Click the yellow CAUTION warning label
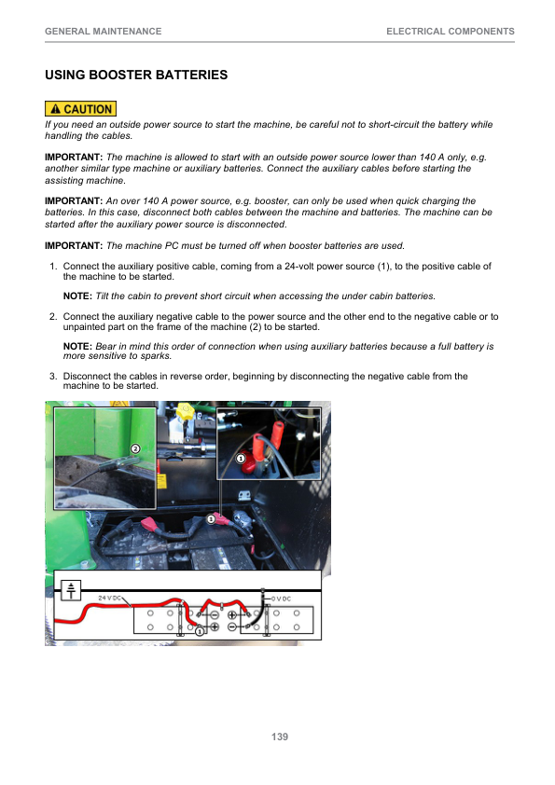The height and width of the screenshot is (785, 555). pos(80,109)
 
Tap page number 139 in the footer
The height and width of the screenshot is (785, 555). pos(280,737)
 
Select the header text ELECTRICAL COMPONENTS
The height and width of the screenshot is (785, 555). pos(451,31)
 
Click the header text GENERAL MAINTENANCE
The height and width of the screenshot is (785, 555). pos(104,31)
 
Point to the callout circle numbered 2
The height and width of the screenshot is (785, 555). pos(135,448)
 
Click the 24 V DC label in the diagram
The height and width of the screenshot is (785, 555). pos(109,598)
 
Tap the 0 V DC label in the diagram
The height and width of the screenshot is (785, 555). pos(281,599)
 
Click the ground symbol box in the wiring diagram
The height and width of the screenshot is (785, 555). pos(71,590)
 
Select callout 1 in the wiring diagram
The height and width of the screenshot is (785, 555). pos(200,631)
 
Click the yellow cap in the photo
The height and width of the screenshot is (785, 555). pos(186,412)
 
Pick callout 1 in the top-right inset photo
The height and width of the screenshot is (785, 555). pos(241,459)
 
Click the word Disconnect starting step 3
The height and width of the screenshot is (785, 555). pos(87,376)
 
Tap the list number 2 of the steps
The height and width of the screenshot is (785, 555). pos(52,316)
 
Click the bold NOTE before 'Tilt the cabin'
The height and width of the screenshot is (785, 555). pos(77,296)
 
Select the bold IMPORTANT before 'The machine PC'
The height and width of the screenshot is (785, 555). pos(74,245)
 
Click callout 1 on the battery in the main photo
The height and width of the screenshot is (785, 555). pos(211,519)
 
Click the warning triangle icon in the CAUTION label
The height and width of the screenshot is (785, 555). pos(56,109)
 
